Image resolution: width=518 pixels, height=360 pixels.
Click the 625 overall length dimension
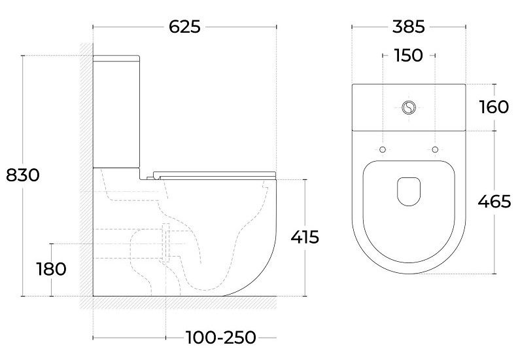tap(184, 27)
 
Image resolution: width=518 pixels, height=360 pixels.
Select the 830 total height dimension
tap(23, 175)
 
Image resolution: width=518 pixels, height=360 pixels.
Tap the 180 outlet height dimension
tap(51, 269)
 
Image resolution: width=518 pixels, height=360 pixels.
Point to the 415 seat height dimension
tap(305, 237)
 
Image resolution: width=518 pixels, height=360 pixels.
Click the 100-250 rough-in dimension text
tap(220, 338)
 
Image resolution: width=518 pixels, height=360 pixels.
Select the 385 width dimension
tap(408, 27)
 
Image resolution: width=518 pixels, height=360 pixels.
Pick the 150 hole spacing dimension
tap(408, 55)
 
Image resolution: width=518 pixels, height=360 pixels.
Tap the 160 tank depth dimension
tap(494, 107)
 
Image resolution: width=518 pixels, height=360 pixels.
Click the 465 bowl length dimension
tap(494, 201)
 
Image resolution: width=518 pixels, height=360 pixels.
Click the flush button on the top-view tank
tap(409, 107)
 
